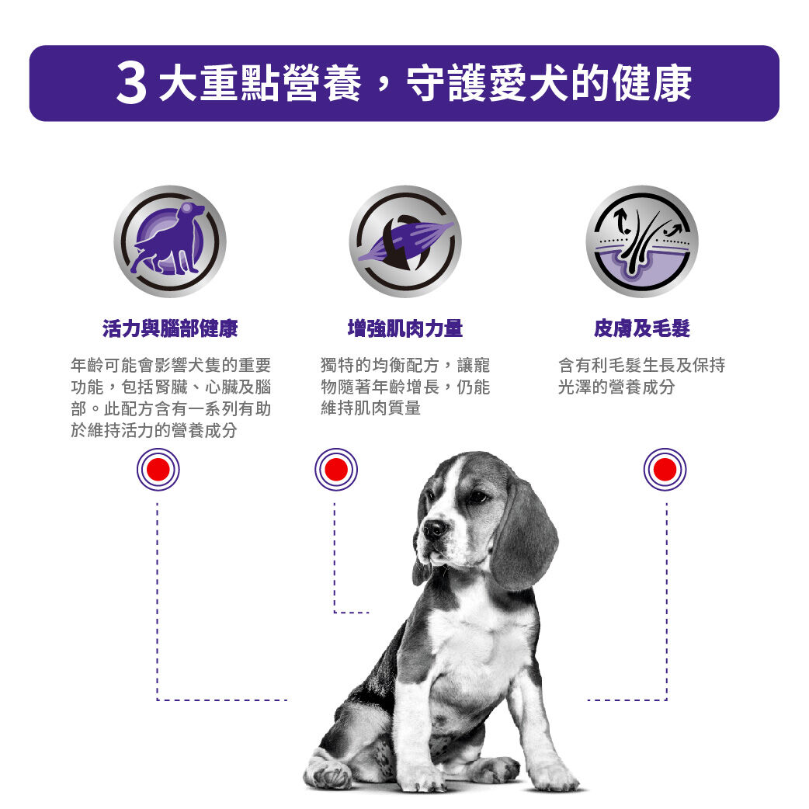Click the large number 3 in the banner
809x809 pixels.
pos(131,85)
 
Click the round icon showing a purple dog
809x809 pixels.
pos(170,241)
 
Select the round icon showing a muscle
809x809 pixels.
pos(404,241)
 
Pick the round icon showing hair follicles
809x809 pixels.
pos(641,241)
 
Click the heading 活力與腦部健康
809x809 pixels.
pos(170,329)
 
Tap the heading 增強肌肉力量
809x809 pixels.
pos(404,329)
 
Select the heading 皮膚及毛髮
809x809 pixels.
pos(641,329)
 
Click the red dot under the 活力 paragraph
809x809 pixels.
pos(158,470)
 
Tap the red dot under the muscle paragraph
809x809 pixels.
pos(336,470)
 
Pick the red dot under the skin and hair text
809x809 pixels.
pos(665,470)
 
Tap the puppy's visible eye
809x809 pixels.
pos(476,497)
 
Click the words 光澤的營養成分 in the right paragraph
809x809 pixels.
pos(616,387)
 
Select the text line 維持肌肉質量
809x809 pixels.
pos(370,408)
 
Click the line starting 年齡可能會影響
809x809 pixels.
pos(170,365)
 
